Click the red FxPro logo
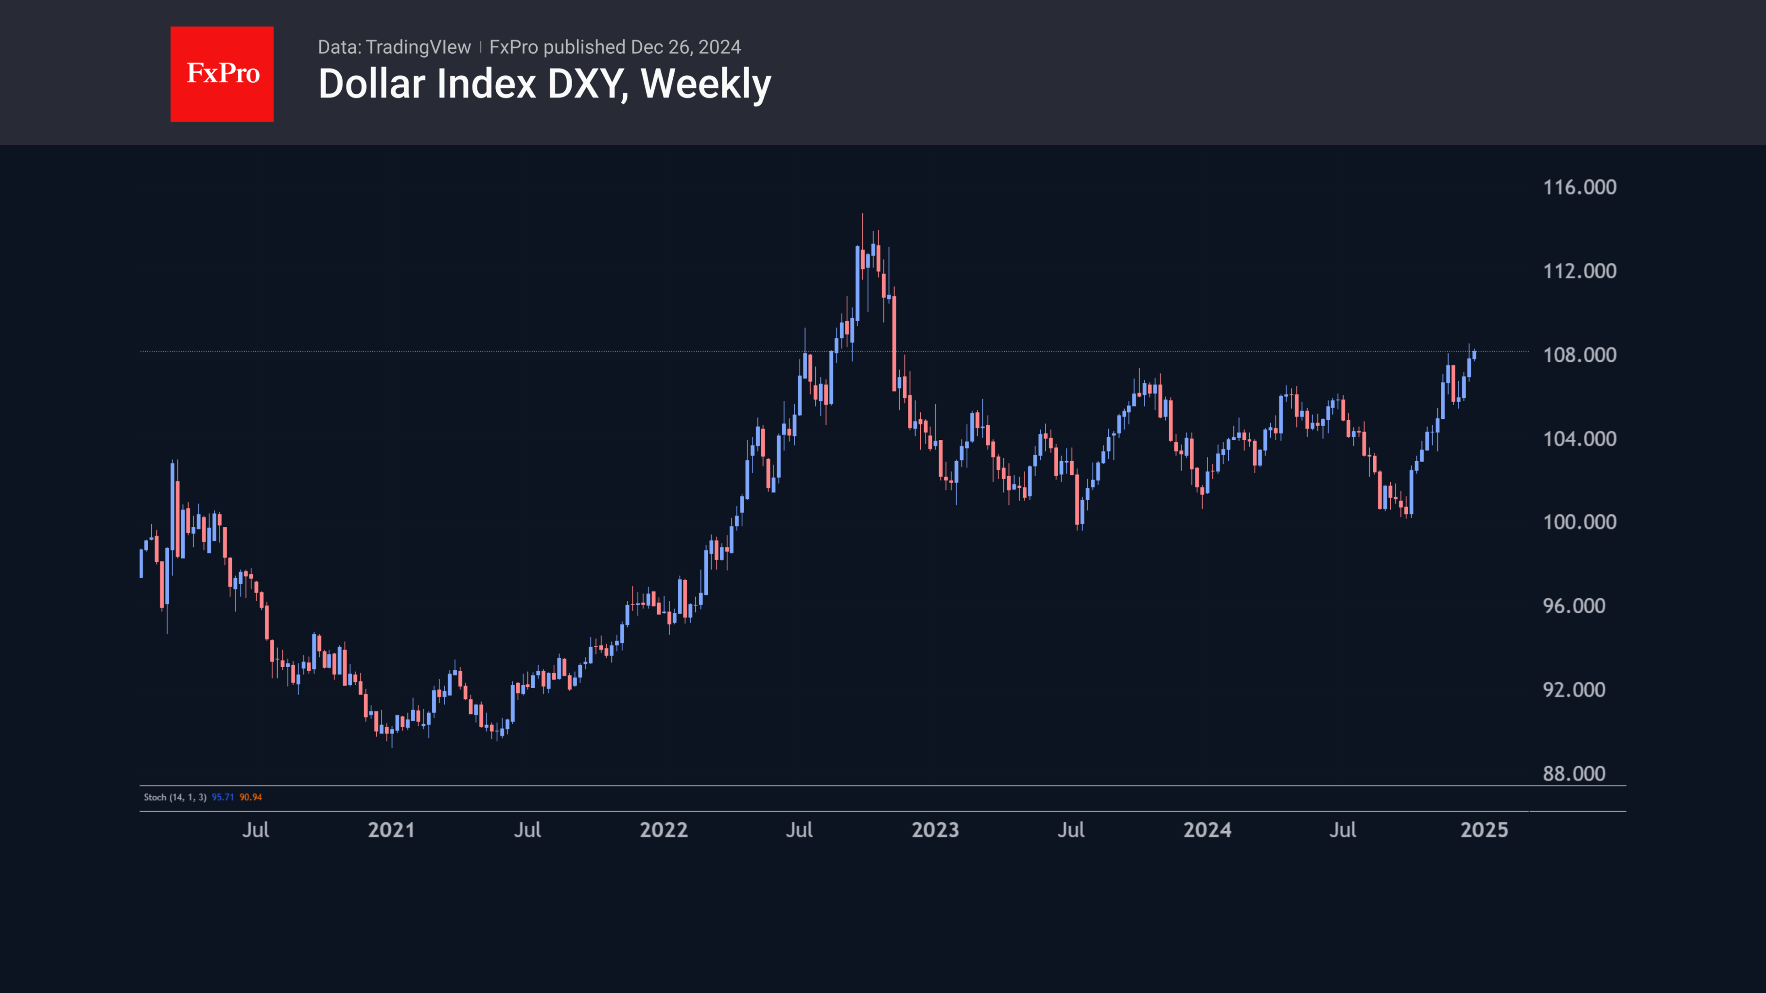tap(221, 74)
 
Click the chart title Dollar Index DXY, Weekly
tap(545, 84)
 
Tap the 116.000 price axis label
tap(1579, 187)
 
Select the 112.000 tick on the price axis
tap(1579, 271)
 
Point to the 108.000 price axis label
tap(1579, 355)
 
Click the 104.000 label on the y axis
tap(1579, 439)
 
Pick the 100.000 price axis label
tap(1579, 522)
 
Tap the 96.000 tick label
tap(1573, 606)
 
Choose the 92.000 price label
tap(1573, 690)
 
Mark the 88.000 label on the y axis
tap(1573, 774)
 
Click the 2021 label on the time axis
tap(391, 830)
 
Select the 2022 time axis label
tap(663, 830)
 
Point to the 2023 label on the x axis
tap(935, 830)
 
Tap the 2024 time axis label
tap(1207, 830)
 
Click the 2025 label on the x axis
tap(1484, 830)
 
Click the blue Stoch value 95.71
tap(223, 797)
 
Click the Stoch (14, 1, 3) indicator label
tap(175, 797)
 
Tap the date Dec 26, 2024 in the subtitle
tap(686, 47)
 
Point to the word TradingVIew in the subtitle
tap(418, 47)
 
